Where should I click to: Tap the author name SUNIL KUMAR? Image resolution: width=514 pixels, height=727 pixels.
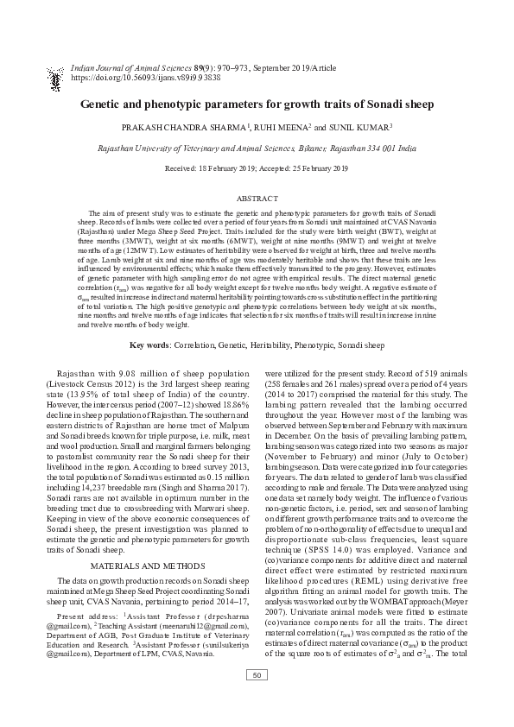(357, 127)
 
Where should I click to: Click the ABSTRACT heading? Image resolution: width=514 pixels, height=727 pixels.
(257, 197)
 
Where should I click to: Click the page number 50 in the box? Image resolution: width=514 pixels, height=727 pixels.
(257, 699)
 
